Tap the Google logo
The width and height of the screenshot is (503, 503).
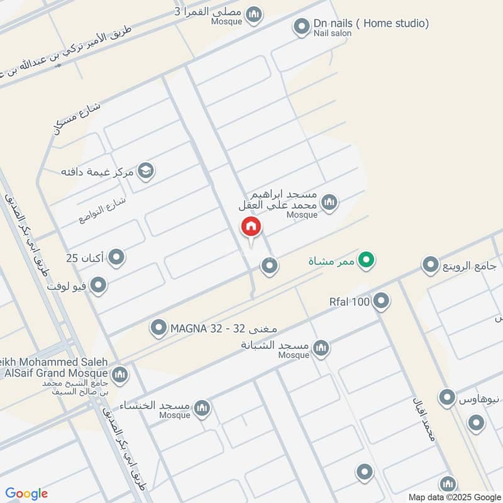[x=26, y=494]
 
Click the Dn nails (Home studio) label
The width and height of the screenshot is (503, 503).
[x=371, y=24]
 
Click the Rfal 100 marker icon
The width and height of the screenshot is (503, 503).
[x=381, y=302]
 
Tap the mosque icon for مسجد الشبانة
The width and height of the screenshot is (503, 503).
[x=321, y=347]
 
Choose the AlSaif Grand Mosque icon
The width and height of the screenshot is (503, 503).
[x=119, y=375]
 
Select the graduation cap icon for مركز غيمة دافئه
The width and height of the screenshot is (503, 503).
[x=146, y=171]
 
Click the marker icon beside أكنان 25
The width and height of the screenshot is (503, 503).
[x=116, y=257]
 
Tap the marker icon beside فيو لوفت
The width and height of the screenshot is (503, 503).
[x=98, y=287]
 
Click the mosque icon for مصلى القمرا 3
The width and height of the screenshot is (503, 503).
[x=254, y=14]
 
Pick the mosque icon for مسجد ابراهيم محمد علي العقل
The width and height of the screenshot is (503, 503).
[x=329, y=202]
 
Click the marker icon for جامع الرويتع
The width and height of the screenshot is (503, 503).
[x=430, y=265]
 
